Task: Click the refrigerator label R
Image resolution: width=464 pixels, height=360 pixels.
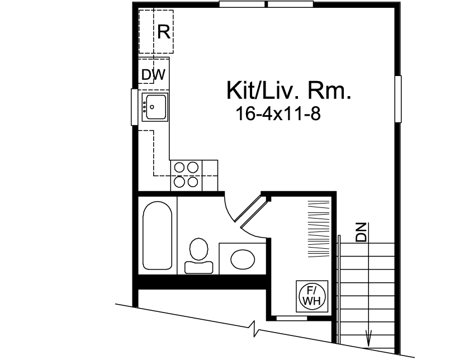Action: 163,32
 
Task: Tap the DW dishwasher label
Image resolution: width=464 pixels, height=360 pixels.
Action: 153,74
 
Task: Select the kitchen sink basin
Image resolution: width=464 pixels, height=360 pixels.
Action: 155,106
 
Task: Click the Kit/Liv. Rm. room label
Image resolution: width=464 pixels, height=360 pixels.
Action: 288,90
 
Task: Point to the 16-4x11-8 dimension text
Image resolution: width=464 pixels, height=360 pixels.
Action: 277,114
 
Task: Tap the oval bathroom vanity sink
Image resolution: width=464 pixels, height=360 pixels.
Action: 242,259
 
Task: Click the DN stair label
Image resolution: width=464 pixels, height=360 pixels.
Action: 362,232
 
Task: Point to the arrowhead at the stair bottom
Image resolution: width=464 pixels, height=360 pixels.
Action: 368,339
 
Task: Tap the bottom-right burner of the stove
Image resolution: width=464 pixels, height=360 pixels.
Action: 193,181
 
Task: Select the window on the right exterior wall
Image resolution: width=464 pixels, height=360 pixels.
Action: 398,99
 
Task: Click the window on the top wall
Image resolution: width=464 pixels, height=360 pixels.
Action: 266,4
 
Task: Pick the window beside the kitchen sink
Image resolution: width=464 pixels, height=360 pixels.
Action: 134,107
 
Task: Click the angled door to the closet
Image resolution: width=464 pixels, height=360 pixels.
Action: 252,212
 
